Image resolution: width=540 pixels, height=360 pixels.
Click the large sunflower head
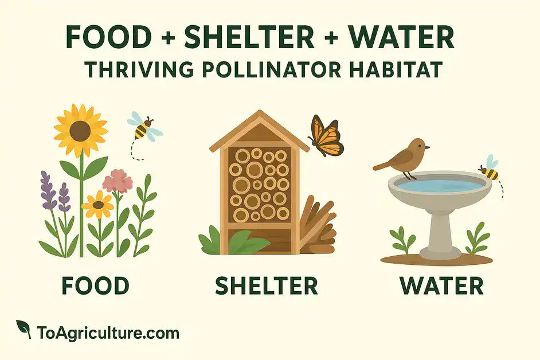[x=81, y=130]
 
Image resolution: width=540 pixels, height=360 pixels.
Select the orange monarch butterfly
[x=326, y=136]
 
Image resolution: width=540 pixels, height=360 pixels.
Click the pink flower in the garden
[x=118, y=181]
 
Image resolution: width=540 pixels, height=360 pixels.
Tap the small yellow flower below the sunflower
[x=98, y=205]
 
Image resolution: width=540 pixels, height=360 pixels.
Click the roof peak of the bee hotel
[x=260, y=112]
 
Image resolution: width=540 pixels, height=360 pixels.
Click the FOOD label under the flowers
[x=96, y=285]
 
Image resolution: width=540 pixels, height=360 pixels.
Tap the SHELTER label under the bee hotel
[x=266, y=285]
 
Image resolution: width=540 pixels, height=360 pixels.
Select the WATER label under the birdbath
[x=442, y=285]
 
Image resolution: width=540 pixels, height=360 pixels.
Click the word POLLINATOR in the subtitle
[x=272, y=69]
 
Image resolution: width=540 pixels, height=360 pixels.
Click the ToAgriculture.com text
[x=108, y=333]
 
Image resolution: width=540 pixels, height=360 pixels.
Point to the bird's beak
[x=428, y=147]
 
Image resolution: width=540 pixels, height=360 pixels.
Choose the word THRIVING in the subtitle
[x=139, y=69]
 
